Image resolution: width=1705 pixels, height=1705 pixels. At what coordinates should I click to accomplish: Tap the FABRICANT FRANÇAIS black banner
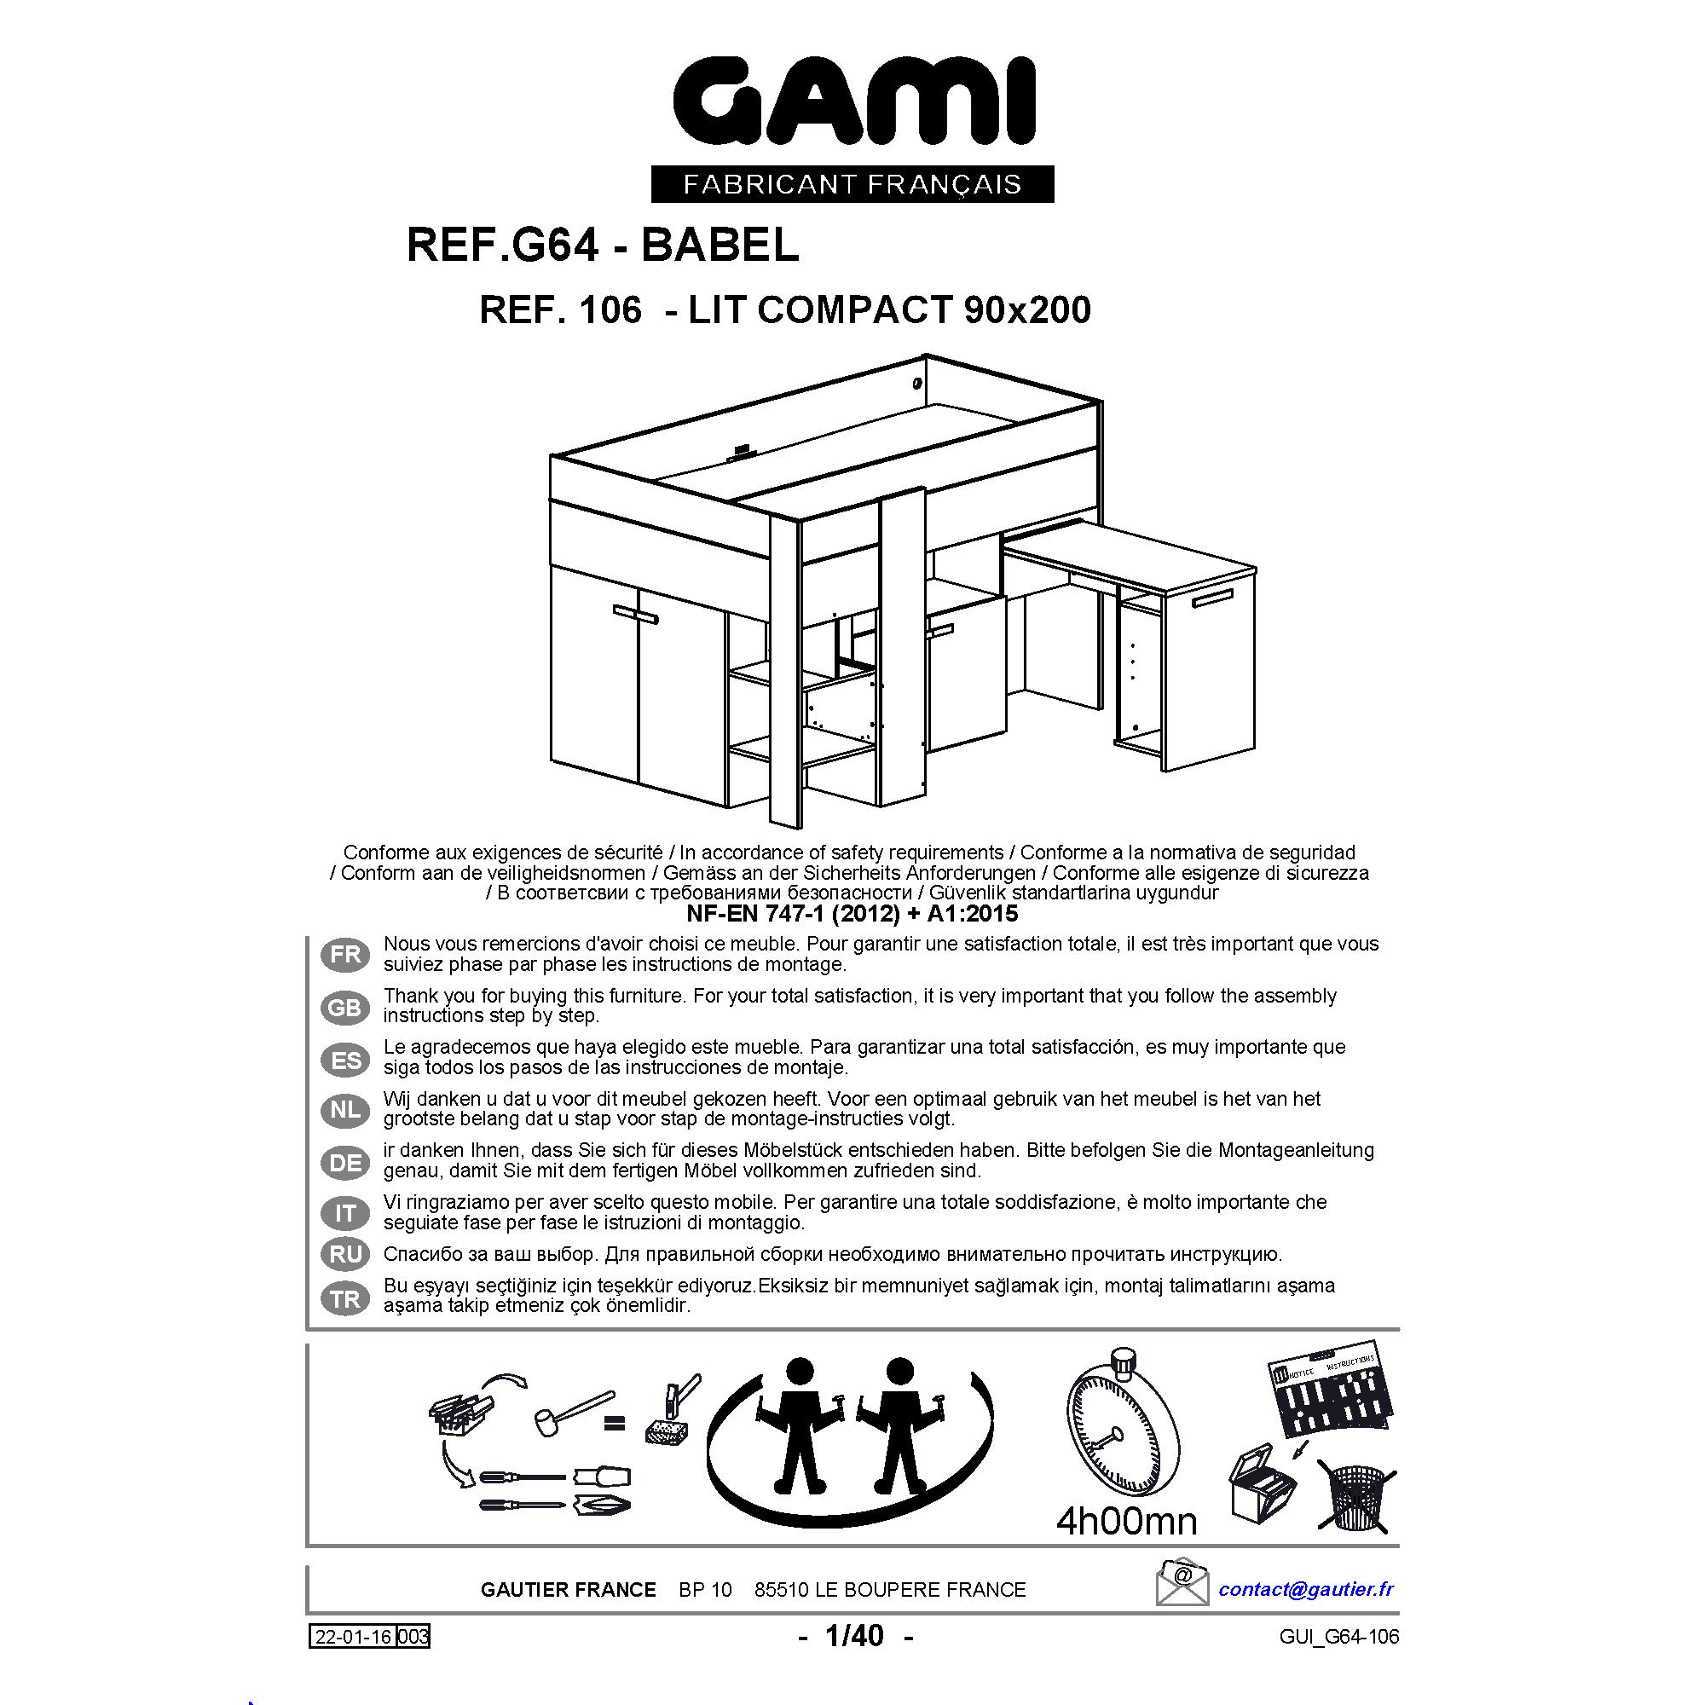click(852, 184)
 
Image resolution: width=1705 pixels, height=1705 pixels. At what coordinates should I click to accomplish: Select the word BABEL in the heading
click(720, 246)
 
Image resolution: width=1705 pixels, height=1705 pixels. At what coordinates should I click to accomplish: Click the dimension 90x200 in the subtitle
click(1027, 309)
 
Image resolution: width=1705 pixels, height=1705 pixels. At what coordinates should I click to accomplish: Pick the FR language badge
click(345, 955)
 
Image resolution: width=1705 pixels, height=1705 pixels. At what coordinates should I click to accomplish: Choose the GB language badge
click(345, 1007)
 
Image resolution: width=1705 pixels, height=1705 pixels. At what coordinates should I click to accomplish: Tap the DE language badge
click(345, 1162)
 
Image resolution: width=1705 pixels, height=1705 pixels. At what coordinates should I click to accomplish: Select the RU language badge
click(345, 1254)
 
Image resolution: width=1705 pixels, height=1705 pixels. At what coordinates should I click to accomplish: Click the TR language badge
click(345, 1299)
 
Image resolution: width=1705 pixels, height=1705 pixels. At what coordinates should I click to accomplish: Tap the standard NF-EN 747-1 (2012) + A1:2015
click(852, 912)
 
